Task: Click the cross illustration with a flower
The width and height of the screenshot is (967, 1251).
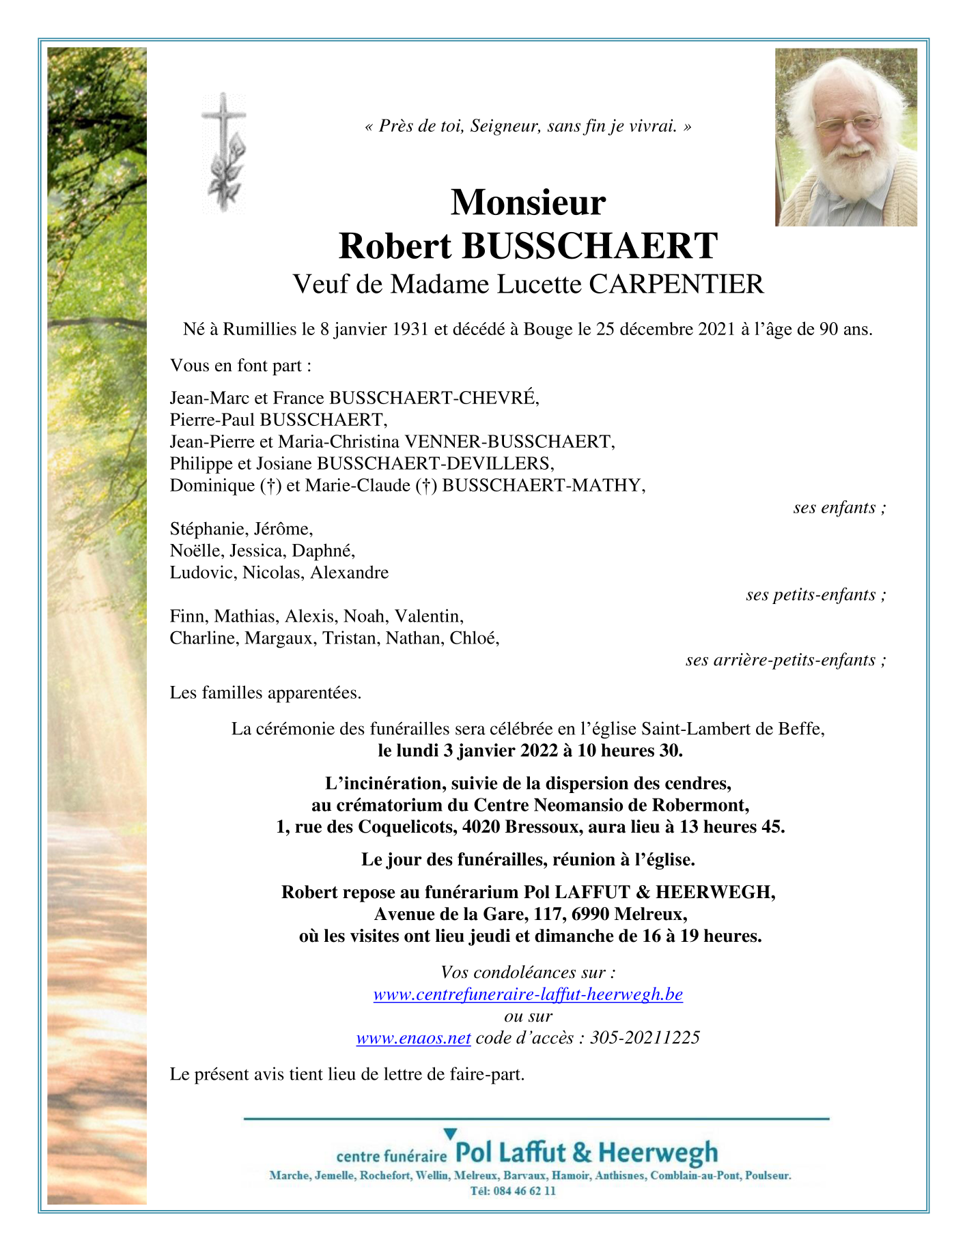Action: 224,151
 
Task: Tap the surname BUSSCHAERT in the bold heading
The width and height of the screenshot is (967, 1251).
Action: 589,246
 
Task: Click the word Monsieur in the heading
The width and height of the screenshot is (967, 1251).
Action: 528,202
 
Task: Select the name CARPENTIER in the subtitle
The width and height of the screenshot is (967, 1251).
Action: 676,284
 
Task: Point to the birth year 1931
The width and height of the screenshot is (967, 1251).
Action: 410,330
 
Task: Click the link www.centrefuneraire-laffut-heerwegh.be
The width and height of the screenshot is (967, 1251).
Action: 528,994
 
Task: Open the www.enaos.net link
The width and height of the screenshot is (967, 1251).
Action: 413,1038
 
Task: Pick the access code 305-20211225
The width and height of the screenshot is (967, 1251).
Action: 645,1038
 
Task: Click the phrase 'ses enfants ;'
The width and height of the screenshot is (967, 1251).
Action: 839,508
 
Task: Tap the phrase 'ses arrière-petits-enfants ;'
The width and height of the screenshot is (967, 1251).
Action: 785,660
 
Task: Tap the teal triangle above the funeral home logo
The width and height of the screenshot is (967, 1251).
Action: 449,1134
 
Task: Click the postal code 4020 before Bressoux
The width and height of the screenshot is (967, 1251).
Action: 482,827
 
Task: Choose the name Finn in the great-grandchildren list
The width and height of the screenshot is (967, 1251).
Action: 187,617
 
